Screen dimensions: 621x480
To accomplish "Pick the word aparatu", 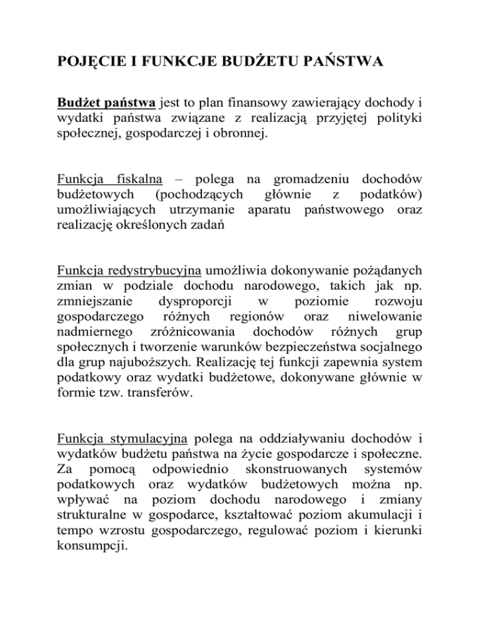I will (272, 212).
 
